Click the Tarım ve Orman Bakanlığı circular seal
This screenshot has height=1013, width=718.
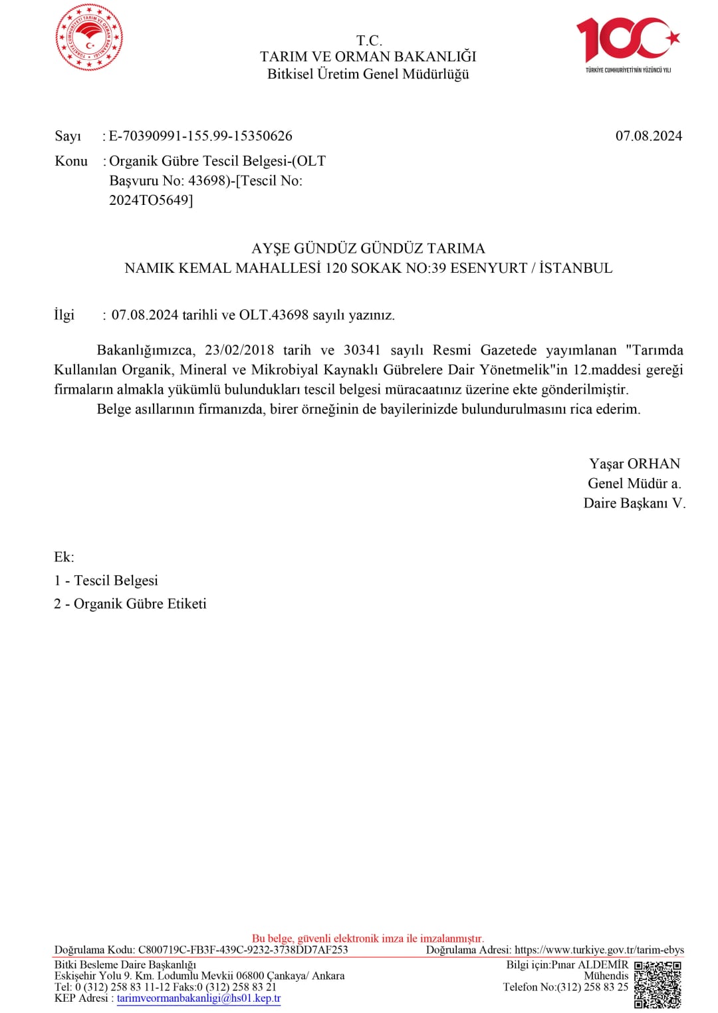coord(89,37)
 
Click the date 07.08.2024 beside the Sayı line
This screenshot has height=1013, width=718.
coord(648,136)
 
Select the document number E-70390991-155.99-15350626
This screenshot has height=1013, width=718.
coord(200,136)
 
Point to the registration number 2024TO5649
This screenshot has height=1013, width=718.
coord(150,200)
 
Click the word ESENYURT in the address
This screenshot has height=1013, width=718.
coord(489,268)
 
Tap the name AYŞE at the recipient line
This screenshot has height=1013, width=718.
coord(271,249)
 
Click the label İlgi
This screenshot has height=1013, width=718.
coord(64,315)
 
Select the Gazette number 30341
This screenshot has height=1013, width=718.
coord(362,351)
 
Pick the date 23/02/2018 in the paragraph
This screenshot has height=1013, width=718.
coord(239,351)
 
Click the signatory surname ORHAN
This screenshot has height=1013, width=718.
coord(654,464)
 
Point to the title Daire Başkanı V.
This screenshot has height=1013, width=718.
coord(634,504)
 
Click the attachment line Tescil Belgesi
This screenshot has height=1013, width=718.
coord(116,581)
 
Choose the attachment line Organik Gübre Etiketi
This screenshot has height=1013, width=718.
coord(140,604)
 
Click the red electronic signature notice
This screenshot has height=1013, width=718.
coord(368,939)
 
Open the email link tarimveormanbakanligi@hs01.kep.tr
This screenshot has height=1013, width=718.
coord(199,998)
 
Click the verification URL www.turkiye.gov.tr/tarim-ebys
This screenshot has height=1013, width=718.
coord(599,950)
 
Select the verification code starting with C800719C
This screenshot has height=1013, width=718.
coord(243,950)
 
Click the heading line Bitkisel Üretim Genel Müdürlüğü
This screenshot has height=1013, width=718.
coord(368,74)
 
